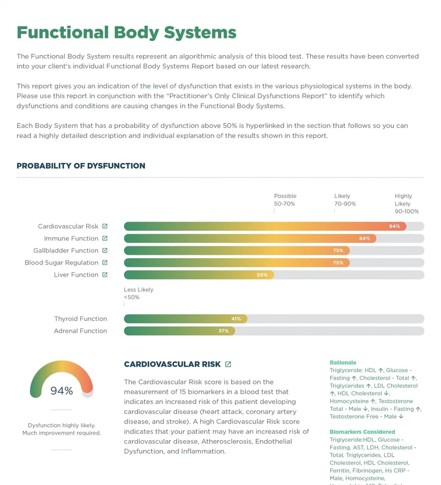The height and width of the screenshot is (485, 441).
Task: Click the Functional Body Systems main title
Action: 126,32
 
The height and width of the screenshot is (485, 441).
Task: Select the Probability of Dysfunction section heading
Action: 81,166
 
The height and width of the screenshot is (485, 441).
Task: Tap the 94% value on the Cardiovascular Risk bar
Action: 394,226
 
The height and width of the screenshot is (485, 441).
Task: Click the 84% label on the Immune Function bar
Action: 364,238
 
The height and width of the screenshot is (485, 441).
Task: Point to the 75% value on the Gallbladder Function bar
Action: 338,250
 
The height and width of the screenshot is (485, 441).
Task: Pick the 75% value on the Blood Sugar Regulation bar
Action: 338,262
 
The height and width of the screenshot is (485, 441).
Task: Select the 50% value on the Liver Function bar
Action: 262,275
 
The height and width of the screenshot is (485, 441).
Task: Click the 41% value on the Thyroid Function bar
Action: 236,319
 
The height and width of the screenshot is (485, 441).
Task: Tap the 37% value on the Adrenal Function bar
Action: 223,331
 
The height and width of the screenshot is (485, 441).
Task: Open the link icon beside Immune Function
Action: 105,238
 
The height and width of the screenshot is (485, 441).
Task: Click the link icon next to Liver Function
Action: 105,274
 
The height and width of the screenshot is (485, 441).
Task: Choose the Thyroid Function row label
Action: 80,319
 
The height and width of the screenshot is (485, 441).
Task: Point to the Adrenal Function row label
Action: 80,331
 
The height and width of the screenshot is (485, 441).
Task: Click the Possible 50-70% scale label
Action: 285,200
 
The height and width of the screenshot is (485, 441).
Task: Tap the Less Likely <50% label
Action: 138,293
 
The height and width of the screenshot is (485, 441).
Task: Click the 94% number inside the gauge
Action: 61,391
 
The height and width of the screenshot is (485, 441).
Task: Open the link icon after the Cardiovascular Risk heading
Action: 228,364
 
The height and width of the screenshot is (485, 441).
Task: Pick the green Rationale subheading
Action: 343,363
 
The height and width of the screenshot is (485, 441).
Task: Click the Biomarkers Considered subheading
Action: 362,432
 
